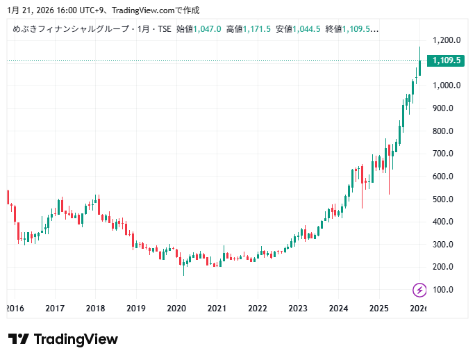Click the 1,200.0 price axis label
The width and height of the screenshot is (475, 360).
(x=447, y=40)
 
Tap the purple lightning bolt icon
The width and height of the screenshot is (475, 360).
(x=419, y=290)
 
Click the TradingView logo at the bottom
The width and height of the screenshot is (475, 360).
(x=63, y=339)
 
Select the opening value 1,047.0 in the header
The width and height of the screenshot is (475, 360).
(x=208, y=29)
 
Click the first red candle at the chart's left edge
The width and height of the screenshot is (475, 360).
(x=8, y=197)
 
